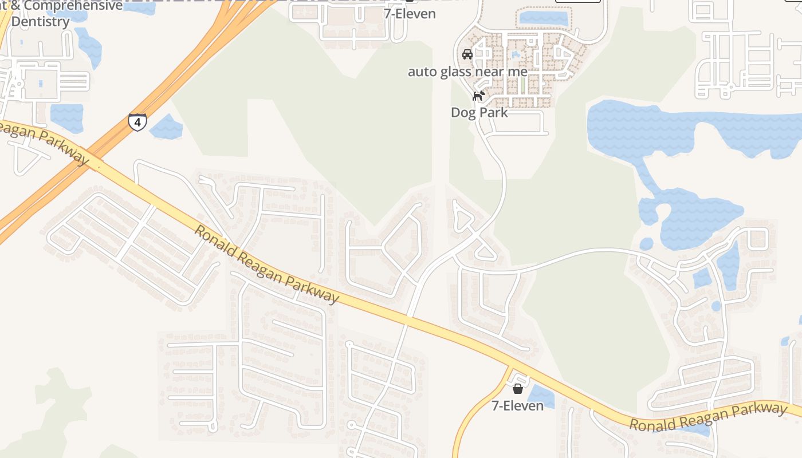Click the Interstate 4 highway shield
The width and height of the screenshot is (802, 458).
[x=137, y=122]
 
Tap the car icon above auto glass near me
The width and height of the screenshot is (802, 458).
[x=467, y=54]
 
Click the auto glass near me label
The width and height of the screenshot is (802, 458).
[x=467, y=72]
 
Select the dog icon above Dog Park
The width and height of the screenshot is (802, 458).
[x=478, y=96]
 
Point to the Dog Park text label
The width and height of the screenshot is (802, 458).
[x=479, y=112]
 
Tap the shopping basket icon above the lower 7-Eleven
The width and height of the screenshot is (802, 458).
[x=518, y=389]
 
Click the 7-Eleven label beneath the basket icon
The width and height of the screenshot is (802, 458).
[x=517, y=405]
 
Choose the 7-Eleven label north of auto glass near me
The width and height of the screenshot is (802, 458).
[x=410, y=14]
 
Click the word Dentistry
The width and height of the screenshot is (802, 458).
[x=41, y=22]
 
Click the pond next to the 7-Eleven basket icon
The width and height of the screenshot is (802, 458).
[x=541, y=396]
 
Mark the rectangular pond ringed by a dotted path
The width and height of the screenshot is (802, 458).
[x=542, y=17]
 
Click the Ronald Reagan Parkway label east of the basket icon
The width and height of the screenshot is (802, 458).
[x=707, y=417]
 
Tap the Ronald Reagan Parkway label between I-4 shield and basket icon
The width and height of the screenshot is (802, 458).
[x=266, y=264]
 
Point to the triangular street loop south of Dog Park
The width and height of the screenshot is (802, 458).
[x=462, y=218]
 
